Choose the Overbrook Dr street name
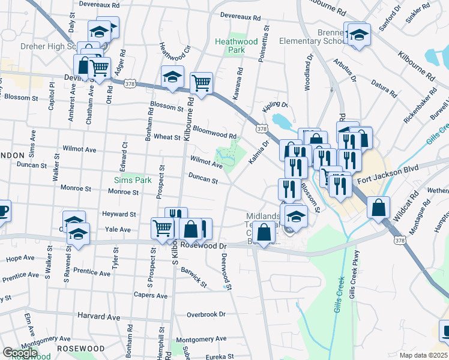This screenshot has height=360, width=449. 205,314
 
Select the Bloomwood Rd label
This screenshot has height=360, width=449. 215,131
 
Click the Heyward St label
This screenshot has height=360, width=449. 119,214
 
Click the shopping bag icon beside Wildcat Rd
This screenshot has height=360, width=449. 379,208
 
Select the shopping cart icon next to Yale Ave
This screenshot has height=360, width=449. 163,229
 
